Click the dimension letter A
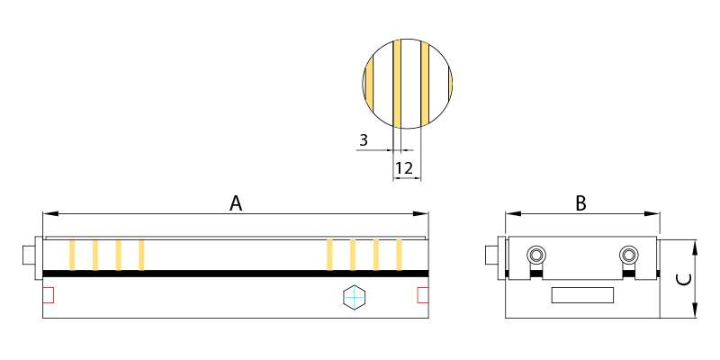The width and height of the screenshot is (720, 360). click(x=236, y=203)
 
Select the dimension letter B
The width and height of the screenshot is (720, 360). click(x=581, y=203)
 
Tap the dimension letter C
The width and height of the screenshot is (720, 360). click(x=684, y=279)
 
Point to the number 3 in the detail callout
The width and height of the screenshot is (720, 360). click(x=364, y=140)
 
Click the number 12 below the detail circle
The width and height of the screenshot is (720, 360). click(x=403, y=168)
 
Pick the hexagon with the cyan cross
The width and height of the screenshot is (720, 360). click(x=355, y=296)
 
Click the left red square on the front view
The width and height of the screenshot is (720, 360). click(x=49, y=294)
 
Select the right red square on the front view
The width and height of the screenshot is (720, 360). click(x=422, y=294)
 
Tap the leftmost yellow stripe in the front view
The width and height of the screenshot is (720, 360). click(x=71, y=255)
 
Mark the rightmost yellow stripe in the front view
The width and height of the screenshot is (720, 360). click(x=399, y=255)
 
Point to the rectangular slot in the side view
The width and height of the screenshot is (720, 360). click(x=582, y=294)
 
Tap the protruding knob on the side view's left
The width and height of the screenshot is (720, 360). click(x=491, y=256)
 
